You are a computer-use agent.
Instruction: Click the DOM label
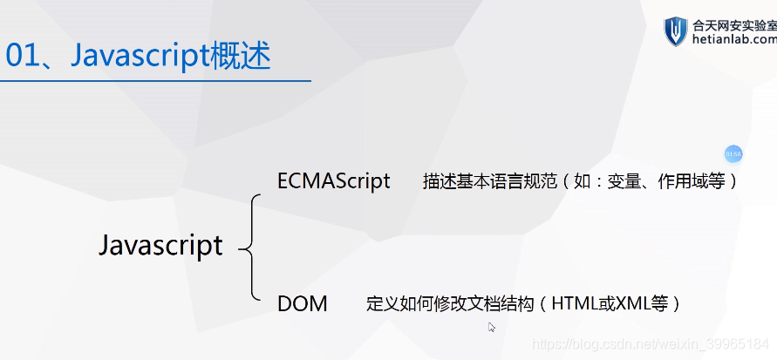click(x=302, y=304)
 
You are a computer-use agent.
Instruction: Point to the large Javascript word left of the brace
click(x=160, y=245)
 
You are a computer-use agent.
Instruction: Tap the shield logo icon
click(x=676, y=31)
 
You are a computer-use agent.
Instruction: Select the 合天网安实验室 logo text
click(x=733, y=24)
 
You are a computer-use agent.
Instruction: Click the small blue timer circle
click(x=733, y=154)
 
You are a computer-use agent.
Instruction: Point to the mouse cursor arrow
click(x=492, y=327)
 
